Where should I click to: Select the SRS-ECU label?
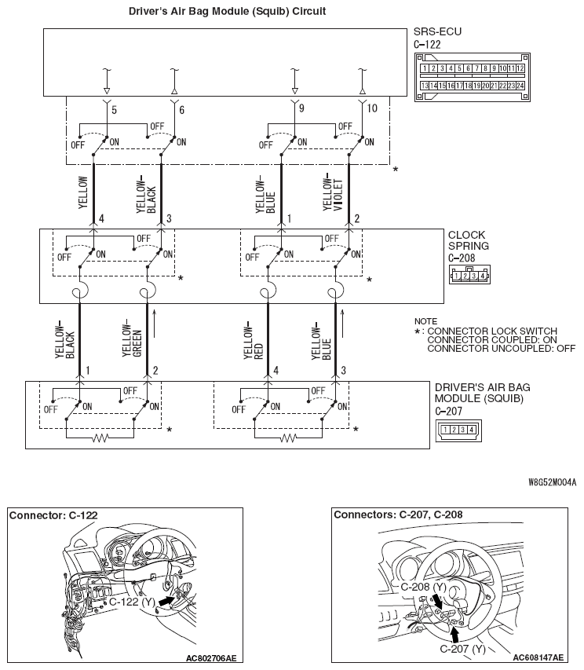437,32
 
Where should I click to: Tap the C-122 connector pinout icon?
471,77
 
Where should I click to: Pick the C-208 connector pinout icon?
468,275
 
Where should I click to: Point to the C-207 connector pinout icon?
457,429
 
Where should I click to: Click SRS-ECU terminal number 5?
114,110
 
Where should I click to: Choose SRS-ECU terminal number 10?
372,110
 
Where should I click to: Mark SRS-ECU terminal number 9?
301,110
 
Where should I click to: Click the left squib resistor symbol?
100,438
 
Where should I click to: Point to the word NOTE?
426,321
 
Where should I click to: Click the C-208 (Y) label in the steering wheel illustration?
423,587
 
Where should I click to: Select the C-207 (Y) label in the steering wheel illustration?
462,649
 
